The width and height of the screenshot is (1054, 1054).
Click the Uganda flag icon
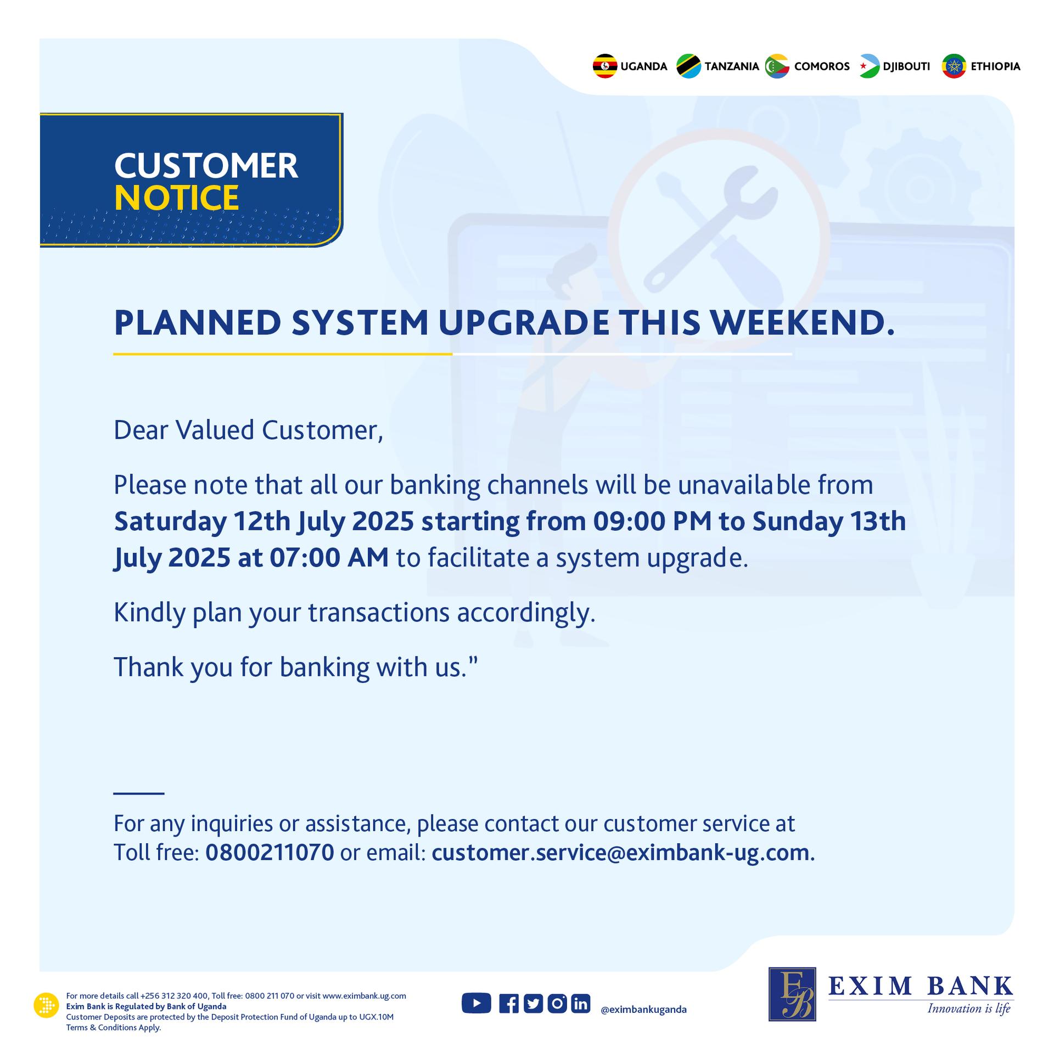point(605,66)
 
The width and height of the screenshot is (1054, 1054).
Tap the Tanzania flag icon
point(689,66)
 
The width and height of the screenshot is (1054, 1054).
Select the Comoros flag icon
point(777,66)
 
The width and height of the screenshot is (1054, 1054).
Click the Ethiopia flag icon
point(954,66)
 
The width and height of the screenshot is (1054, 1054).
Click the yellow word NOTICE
point(177,198)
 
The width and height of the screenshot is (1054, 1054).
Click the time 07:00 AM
point(329,558)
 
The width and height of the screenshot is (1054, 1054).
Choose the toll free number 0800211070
point(270,853)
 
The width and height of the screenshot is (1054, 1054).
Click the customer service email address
point(620,853)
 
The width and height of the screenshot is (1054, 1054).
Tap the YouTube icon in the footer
point(476,1003)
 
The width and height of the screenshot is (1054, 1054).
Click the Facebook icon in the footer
point(509,1003)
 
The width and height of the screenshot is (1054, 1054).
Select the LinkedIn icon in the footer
point(580,1003)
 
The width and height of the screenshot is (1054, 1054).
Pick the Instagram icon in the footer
point(557,1003)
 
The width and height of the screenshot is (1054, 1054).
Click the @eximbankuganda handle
point(643,1010)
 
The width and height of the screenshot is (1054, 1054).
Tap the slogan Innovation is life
point(969,1009)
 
